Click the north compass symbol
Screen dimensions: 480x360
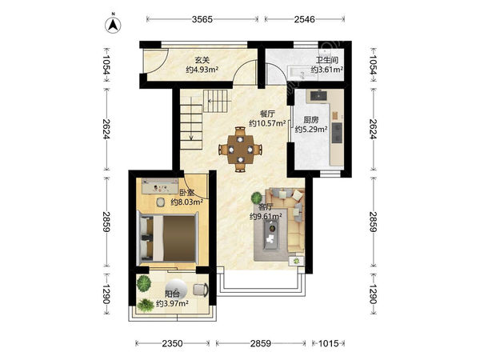tap(113, 25)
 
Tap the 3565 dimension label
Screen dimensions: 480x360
tap(202, 19)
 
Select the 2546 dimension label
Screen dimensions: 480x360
tap(304, 19)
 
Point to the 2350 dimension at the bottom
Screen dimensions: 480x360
tap(172, 343)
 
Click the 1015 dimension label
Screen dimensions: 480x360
tap(329, 343)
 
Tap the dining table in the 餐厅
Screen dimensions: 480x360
tap(240, 150)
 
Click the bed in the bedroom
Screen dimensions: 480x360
tap(167, 238)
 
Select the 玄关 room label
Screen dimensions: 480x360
tap(202, 60)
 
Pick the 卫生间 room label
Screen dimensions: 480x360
tap(327, 60)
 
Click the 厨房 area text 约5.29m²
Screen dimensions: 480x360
tap(311, 130)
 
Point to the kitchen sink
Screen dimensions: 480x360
tap(318, 96)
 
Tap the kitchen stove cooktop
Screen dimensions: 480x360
tap(337, 133)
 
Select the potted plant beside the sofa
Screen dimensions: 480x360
tap(257, 198)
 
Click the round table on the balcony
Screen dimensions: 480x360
tap(175, 290)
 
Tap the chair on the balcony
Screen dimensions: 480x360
tap(201, 290)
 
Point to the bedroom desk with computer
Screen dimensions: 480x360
tap(160, 186)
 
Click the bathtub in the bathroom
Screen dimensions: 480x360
tap(306, 74)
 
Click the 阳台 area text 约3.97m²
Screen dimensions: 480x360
tap(172, 303)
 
